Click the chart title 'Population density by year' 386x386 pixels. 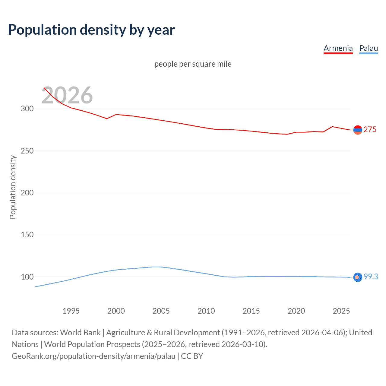click(91, 30)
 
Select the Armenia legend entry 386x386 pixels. click(338, 48)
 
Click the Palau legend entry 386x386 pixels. click(369, 48)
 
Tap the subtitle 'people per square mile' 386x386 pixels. click(193, 64)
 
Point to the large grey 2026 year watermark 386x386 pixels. click(67, 95)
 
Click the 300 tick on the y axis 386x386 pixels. click(27, 109)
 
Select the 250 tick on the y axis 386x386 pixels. click(27, 151)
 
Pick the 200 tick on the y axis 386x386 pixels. click(27, 193)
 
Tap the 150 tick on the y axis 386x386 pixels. click(27, 235)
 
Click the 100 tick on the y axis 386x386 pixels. click(27, 277)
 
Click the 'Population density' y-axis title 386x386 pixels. click(13, 187)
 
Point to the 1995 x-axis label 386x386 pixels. click(71, 311)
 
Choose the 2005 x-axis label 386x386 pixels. click(161, 311)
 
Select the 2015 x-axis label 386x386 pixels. click(251, 311)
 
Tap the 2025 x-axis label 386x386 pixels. click(341, 311)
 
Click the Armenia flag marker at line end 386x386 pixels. click(358, 130)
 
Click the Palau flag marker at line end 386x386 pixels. click(358, 277)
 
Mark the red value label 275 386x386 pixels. click(370, 129)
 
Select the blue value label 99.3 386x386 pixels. click(371, 277)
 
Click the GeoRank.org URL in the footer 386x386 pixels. click(93, 356)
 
